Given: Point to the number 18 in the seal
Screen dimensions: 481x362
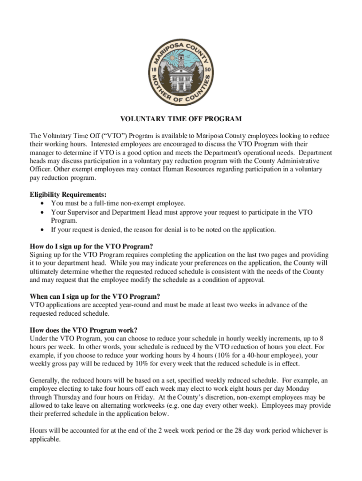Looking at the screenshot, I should [154, 70].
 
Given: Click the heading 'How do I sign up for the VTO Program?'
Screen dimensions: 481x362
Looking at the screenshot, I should [91, 247].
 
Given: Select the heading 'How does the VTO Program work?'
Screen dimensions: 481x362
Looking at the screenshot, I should [83, 330].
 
